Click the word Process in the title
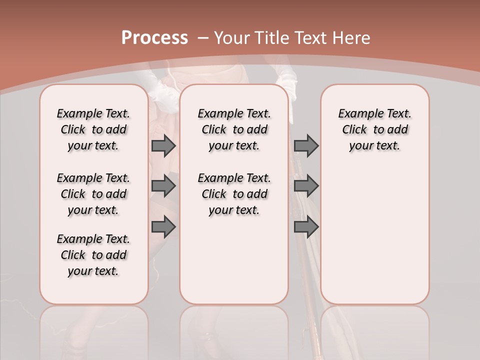154,38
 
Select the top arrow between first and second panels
163,146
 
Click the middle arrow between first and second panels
163,186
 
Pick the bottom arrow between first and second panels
163,227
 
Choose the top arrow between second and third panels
306,146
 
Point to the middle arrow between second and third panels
306,186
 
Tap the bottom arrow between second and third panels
306,227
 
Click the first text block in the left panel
93,129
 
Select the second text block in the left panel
93,194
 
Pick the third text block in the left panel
93,255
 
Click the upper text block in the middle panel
234,129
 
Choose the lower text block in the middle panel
234,194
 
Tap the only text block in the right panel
374,129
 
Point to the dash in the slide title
203,38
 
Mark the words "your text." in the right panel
374,146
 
